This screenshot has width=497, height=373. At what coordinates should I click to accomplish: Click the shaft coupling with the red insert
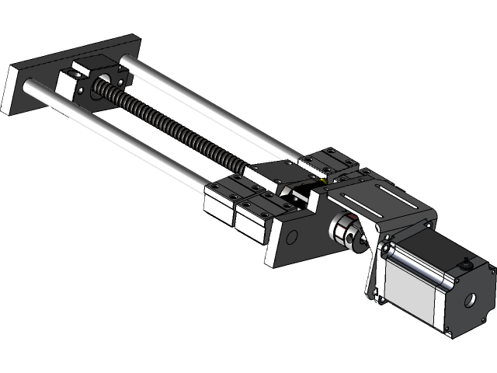(x=346, y=230)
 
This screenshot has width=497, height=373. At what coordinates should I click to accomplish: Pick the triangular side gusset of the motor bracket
(x=376, y=268)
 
